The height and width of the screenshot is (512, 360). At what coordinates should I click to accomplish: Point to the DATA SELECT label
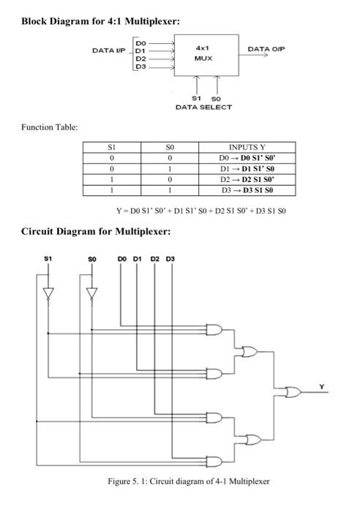click(x=203, y=108)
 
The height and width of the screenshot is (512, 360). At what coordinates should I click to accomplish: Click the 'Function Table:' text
click(x=49, y=127)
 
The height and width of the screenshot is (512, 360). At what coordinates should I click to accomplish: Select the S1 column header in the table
click(x=110, y=147)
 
